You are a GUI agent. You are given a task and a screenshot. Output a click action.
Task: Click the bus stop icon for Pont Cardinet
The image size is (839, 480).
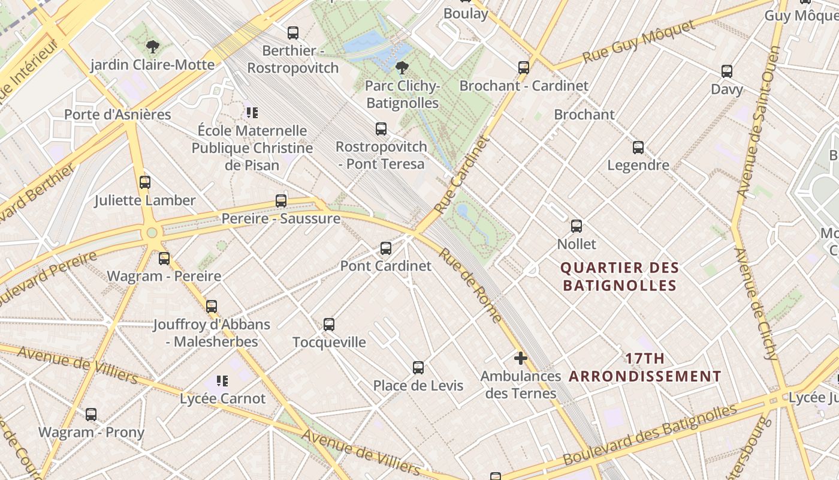(x=386, y=248)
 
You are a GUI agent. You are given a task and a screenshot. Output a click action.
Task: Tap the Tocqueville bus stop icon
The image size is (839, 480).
(x=329, y=325)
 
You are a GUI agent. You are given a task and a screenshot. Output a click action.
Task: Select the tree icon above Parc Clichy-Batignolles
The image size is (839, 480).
(x=402, y=68)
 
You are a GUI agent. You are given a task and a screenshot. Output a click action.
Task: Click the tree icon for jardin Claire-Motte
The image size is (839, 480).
(x=153, y=47)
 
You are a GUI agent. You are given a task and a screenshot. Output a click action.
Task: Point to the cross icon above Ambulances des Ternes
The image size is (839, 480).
(x=520, y=358)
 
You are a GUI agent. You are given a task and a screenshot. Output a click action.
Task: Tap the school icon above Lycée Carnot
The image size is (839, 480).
(x=222, y=380)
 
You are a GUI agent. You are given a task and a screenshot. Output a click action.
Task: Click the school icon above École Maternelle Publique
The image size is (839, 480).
(x=252, y=112)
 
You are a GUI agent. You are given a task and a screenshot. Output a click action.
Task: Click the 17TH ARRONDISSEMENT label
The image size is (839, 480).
(x=645, y=367)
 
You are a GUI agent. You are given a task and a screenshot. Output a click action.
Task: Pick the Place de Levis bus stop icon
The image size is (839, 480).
(x=418, y=367)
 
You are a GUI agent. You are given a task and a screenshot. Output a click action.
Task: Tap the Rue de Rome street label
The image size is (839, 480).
(x=470, y=284)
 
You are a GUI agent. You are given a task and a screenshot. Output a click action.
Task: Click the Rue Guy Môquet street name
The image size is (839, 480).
(x=638, y=41)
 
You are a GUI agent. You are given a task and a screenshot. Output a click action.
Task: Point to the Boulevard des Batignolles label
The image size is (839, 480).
(x=650, y=434)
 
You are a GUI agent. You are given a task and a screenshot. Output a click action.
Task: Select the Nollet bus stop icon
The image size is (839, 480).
(x=577, y=226)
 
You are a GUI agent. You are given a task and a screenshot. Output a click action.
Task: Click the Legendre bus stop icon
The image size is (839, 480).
(x=638, y=147)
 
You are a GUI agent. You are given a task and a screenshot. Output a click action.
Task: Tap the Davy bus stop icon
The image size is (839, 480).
(x=727, y=71)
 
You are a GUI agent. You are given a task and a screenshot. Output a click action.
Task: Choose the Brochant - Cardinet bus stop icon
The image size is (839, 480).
(x=524, y=67)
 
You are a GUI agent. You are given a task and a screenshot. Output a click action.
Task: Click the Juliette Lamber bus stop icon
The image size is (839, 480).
(x=145, y=182)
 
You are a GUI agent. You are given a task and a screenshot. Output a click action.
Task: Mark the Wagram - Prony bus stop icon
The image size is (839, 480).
(x=91, y=414)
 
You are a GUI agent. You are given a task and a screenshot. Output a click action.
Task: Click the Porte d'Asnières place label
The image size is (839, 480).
(x=117, y=114)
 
